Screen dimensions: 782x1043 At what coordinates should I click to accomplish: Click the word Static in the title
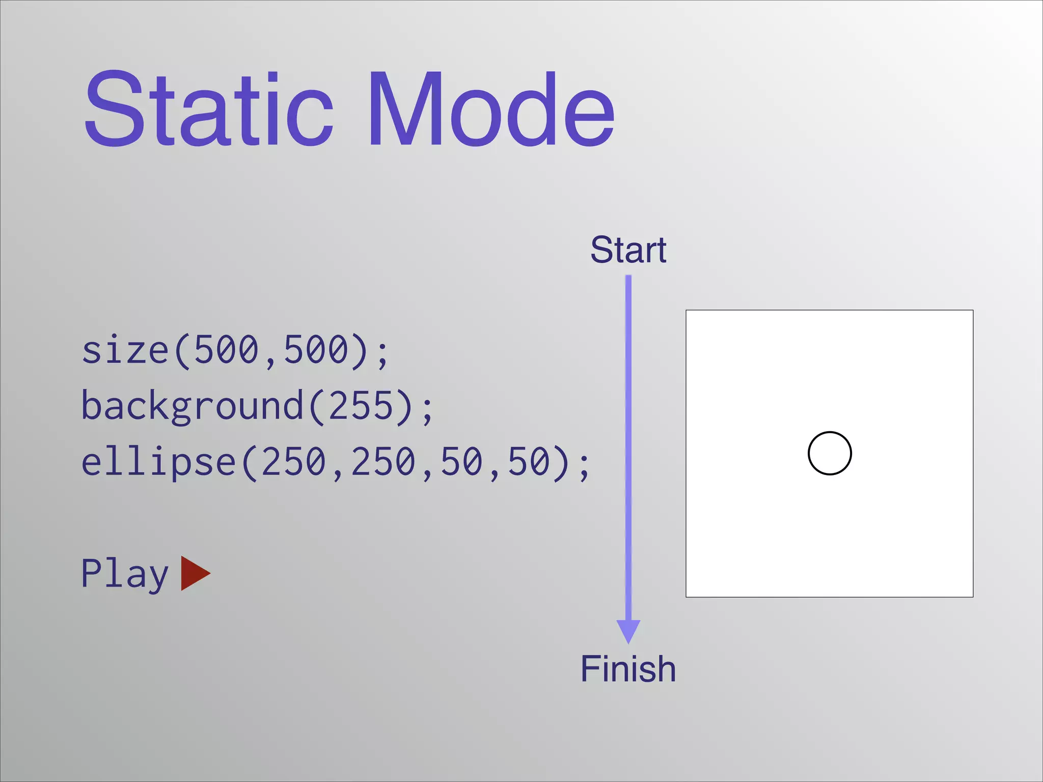point(209,109)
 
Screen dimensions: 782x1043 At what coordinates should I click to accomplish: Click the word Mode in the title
point(491,109)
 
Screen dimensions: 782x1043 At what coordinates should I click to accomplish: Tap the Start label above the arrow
point(628,250)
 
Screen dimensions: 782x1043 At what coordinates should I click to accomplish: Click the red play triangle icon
point(194,573)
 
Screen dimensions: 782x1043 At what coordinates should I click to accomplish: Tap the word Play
point(125,574)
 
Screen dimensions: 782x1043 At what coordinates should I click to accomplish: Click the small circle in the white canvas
point(830,453)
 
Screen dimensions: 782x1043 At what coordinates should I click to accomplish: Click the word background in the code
point(193,406)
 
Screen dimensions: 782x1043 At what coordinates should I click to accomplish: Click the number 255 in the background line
point(362,406)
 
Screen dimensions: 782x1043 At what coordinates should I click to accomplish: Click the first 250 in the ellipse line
point(293,462)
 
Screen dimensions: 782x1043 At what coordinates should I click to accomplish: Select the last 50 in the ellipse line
point(530,462)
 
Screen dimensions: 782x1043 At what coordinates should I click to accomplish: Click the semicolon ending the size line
point(382,353)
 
